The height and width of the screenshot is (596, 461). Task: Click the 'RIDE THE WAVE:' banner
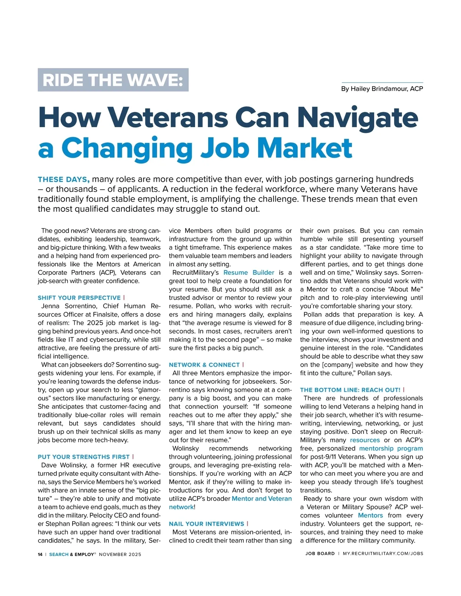tap(113, 80)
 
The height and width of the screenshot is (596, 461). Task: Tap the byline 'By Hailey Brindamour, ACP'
tap(382, 89)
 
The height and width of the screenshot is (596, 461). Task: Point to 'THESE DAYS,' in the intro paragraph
tap(64, 179)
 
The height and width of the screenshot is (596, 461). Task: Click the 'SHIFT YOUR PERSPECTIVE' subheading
tap(79, 298)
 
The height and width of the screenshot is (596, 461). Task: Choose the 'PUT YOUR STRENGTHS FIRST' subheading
tap(84, 457)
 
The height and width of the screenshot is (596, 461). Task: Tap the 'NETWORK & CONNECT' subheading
tap(204, 365)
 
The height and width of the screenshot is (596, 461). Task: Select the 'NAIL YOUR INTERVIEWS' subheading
tap(207, 524)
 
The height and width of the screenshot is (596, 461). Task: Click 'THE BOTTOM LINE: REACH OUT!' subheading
tap(350, 390)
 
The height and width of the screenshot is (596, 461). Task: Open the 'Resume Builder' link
tap(249, 272)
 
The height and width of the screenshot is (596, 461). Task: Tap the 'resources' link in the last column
tap(365, 440)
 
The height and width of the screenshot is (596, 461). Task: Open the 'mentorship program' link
tap(391, 448)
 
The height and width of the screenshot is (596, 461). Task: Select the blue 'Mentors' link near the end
tap(370, 515)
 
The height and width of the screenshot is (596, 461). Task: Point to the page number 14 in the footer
tap(40, 554)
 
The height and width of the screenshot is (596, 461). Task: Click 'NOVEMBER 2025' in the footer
tap(120, 554)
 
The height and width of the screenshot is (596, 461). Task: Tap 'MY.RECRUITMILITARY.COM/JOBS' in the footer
tap(383, 554)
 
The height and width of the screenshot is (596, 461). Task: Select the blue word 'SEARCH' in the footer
tap(59, 554)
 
